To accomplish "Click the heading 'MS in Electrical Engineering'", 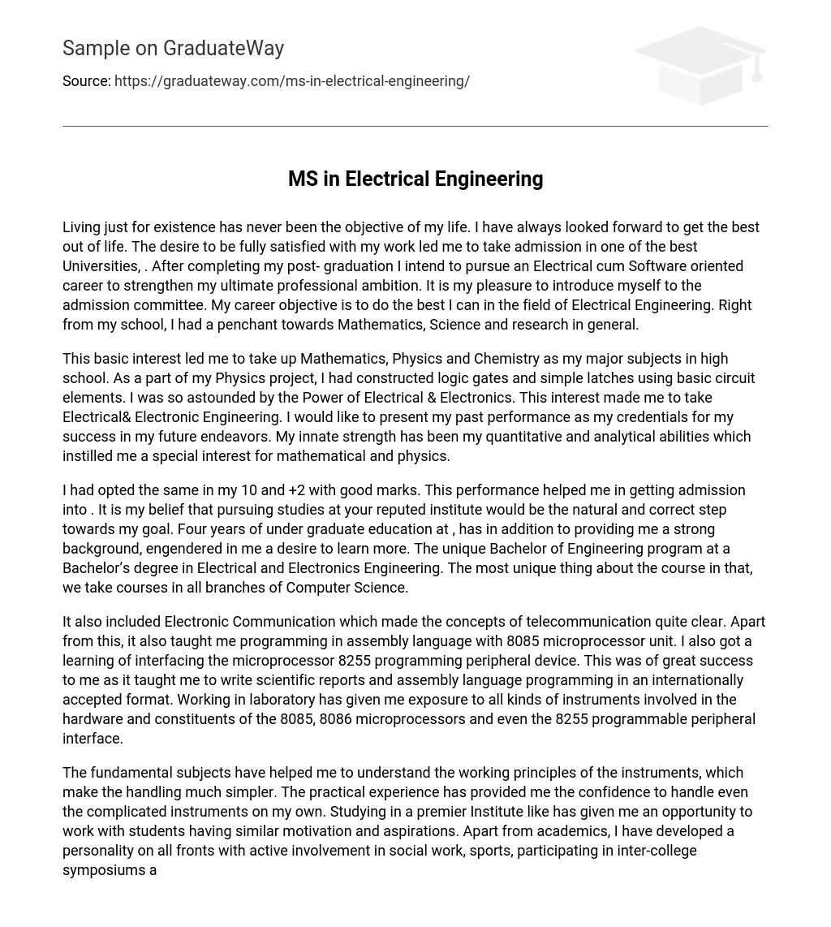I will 415,179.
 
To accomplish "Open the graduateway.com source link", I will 291,81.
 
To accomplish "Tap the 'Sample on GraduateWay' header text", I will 173,49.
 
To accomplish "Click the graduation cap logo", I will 700,66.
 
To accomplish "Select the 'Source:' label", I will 86,81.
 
